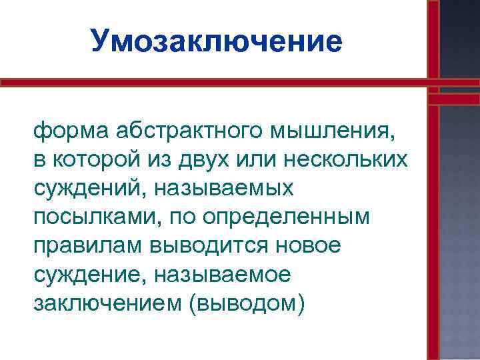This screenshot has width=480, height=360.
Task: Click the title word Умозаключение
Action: [217, 41]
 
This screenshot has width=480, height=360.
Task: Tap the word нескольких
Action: [353, 160]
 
